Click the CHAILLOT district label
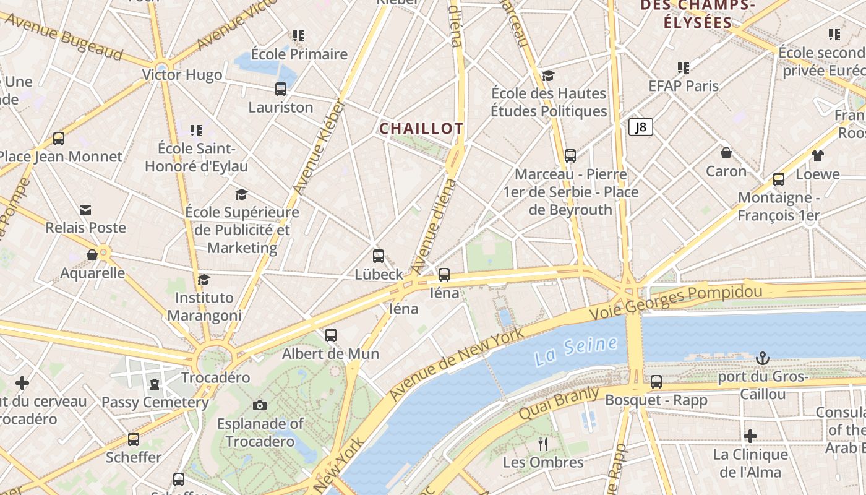tap(421, 129)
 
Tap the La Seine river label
tap(576, 350)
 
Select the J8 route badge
tap(641, 127)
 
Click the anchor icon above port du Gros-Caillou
tap(763, 358)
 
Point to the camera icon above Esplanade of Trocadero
tap(260, 405)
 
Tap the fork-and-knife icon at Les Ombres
tap(543, 444)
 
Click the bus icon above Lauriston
tap(281, 89)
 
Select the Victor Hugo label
tap(182, 75)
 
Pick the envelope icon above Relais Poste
tap(85, 210)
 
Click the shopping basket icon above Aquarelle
tap(92, 255)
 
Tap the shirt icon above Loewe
tap(818, 156)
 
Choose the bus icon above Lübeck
tap(379, 256)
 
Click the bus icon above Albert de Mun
tap(331, 335)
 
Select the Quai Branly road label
tap(559, 403)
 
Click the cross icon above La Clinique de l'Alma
tap(750, 436)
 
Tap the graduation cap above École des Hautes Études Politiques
tap(548, 75)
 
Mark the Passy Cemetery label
tap(155, 402)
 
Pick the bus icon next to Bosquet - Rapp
tap(656, 382)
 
